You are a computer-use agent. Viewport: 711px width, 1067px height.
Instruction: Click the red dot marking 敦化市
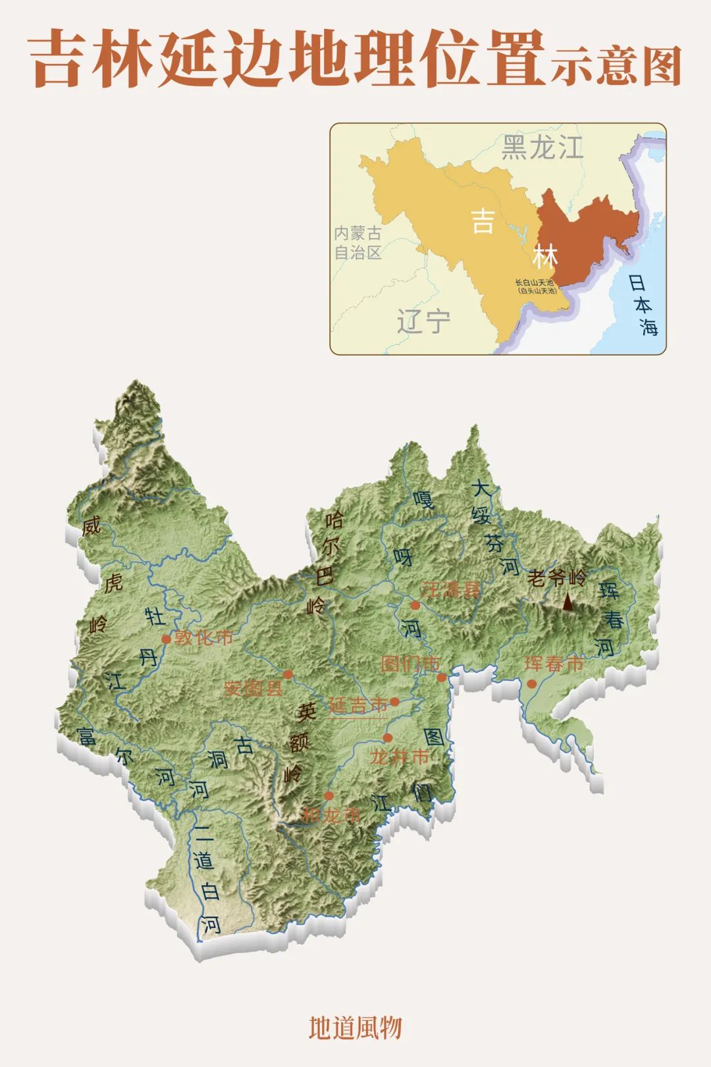[x=167, y=639]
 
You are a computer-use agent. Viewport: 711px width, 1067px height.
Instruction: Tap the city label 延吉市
[x=358, y=705]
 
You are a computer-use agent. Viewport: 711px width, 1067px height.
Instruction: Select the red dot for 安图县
[x=288, y=674]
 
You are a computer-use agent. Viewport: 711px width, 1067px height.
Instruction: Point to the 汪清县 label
[x=451, y=590]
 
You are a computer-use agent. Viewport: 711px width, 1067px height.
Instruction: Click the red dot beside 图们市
[x=442, y=677]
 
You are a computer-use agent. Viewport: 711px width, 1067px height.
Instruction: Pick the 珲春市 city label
[x=554, y=664]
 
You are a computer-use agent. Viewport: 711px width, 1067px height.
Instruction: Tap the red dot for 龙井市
[x=388, y=738]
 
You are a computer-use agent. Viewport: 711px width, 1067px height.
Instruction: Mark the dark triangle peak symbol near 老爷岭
[x=567, y=601]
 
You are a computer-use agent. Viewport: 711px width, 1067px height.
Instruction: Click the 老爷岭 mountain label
[x=556, y=578]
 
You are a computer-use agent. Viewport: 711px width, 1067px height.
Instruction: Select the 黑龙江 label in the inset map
[x=542, y=147]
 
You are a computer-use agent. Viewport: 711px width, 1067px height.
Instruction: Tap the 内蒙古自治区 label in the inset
[x=357, y=243]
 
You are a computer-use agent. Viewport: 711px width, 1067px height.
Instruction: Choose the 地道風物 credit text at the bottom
[x=355, y=1027]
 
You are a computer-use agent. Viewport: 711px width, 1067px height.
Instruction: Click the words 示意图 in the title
[x=616, y=66]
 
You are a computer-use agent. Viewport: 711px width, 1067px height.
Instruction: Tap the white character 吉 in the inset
[x=483, y=221]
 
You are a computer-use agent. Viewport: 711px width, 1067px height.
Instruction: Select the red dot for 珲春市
[x=531, y=684]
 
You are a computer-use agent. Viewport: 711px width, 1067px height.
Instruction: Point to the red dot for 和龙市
[x=329, y=796]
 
